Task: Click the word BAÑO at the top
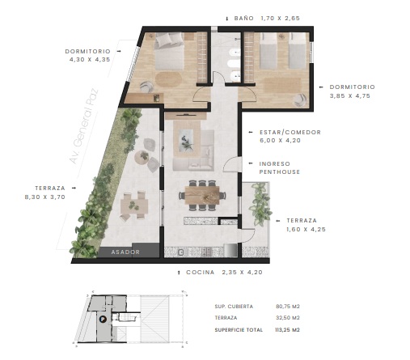coord(244,18)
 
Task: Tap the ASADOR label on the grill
coord(125,252)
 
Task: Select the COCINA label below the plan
coord(201,273)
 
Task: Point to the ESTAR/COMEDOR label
coord(290,133)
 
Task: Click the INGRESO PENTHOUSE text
coord(280,167)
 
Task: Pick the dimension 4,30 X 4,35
coord(90,60)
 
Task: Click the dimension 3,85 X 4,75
coord(350,96)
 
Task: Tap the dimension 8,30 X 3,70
coord(45,197)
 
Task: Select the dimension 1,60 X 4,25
coord(306,230)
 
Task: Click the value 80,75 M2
coord(288,307)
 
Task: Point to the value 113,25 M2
coord(287,330)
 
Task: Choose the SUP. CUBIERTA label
coord(234,307)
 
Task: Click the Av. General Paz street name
coord(84,126)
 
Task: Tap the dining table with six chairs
coord(202,195)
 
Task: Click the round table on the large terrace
coord(142,157)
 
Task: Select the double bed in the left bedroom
coord(170,51)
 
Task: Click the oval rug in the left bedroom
coord(169,79)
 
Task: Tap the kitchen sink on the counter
coord(181,252)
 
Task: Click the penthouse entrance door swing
coord(230,163)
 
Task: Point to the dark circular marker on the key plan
coord(103,320)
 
